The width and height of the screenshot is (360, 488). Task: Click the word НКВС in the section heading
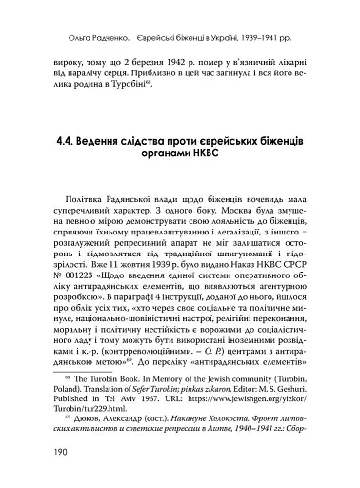pyautogui.click(x=229, y=158)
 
